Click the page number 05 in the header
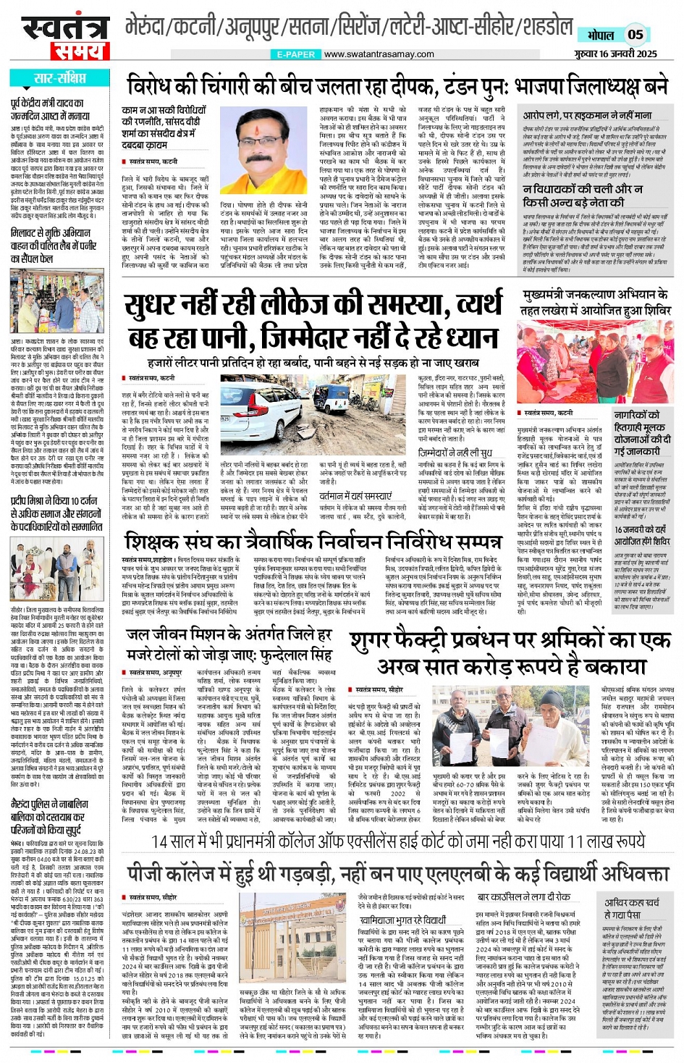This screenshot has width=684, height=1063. coord(635,34)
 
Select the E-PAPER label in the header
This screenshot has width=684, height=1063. coord(295,54)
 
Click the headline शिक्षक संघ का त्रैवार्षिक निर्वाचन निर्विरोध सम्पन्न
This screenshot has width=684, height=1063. coord(312,542)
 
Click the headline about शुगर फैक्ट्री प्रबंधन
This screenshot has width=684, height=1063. coord(510,652)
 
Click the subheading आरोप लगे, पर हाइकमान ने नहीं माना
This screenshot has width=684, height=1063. coord(587,115)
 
